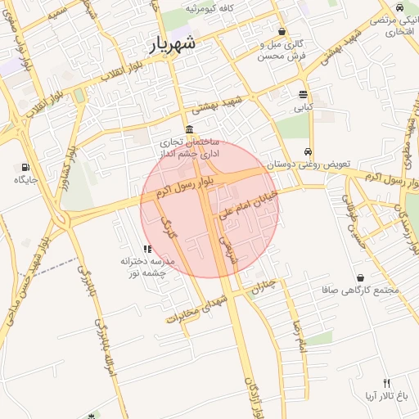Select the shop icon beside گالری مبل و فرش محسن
coord(282,32)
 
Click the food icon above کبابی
coord(303,94)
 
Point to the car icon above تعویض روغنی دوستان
coord(307,152)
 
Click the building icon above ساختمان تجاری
coord(190,130)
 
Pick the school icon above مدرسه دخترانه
coord(146,249)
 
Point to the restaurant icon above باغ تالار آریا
coord(386,383)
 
